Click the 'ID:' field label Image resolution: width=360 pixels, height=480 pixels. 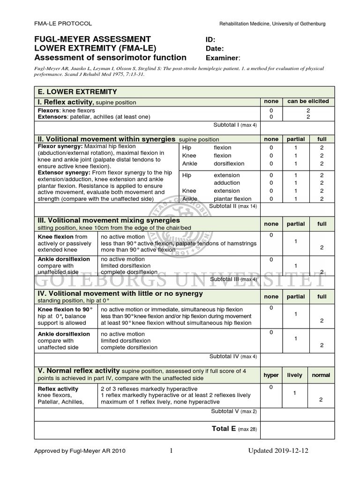[211, 39]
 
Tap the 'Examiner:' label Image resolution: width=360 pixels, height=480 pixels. [223, 58]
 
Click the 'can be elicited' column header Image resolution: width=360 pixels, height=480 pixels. [308, 101]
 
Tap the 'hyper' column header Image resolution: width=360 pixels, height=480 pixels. [271, 375]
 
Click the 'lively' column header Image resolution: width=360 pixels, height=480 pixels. [295, 375]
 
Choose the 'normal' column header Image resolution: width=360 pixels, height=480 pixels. [321, 375]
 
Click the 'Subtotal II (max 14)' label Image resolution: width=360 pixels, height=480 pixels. [233, 206]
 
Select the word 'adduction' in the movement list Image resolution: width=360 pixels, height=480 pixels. [227, 183]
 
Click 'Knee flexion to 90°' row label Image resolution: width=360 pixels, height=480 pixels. [65, 310]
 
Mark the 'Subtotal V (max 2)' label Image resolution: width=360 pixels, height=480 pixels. [233, 412]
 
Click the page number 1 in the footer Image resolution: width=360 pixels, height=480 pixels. [171, 451]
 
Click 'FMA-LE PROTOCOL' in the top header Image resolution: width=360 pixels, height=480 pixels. [63, 23]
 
